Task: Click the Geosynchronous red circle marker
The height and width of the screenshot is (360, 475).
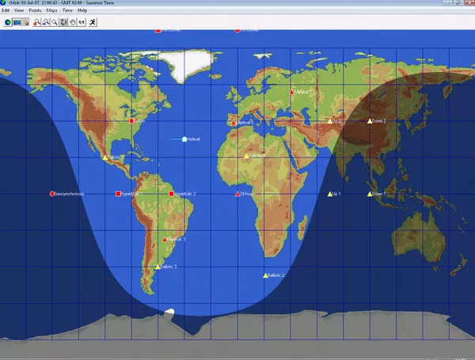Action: [52, 194]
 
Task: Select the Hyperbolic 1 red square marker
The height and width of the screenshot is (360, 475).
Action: [118, 194]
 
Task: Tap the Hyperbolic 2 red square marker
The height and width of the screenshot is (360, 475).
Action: [170, 194]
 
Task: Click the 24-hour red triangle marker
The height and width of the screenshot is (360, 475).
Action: [237, 194]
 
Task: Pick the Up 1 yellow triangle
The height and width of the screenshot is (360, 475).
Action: [330, 194]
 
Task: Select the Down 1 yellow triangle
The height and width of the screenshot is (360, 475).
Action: [369, 194]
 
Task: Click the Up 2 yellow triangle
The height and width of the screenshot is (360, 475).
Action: [330, 121]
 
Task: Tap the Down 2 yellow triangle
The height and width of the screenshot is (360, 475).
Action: [369, 121]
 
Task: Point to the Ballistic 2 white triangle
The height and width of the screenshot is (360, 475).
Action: [265, 275]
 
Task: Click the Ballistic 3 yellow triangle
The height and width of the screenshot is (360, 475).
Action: [158, 267]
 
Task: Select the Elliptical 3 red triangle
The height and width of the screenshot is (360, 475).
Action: [165, 239]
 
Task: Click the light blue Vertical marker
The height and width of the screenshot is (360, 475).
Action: [184, 139]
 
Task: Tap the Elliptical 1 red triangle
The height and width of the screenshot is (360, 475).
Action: [292, 92]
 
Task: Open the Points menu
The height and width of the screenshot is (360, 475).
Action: [35, 10]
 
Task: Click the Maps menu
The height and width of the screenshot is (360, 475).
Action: [51, 10]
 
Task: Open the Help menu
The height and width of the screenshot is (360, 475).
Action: [82, 10]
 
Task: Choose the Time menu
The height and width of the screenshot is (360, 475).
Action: [67, 10]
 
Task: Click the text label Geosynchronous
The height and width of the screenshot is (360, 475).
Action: [70, 194]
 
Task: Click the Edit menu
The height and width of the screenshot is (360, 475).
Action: [6, 10]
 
